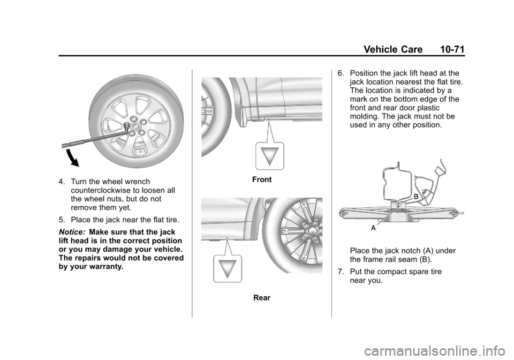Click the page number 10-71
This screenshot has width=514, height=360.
(x=452, y=49)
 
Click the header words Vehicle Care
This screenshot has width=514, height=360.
(x=393, y=49)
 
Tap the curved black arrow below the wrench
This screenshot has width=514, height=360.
(x=72, y=158)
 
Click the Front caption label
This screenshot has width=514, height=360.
(x=262, y=179)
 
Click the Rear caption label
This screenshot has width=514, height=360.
(x=262, y=298)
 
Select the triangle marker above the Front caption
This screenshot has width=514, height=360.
(x=270, y=156)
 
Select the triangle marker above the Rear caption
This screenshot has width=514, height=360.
(x=228, y=269)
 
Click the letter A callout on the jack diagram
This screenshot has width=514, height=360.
(x=373, y=228)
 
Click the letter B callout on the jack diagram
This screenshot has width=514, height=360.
(x=415, y=197)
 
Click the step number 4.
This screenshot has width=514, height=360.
(x=62, y=182)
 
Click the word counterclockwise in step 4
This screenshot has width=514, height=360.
(x=100, y=191)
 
